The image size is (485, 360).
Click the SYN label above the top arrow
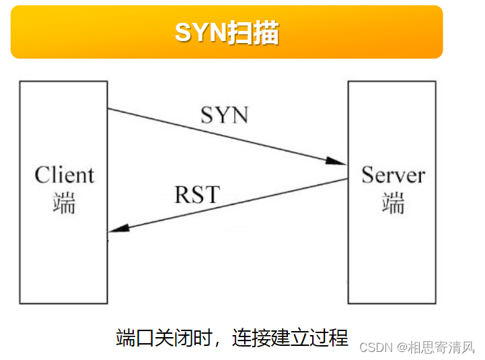pyautogui.click(x=224, y=114)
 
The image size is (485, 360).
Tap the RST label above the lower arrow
pyautogui.click(x=196, y=194)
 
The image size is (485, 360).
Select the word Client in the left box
pyautogui.click(x=65, y=175)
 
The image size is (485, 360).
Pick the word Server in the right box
pyautogui.click(x=394, y=175)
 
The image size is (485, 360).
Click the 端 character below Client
pyautogui.click(x=64, y=203)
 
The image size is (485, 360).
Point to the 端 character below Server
pyautogui.click(x=393, y=203)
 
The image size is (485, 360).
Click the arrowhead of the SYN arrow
pyautogui.click(x=338, y=161)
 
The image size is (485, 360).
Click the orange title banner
pyautogui.click(x=227, y=32)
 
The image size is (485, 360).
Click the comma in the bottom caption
pyautogui.click(x=219, y=340)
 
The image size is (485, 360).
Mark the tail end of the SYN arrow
pyautogui.click(x=110, y=109)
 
